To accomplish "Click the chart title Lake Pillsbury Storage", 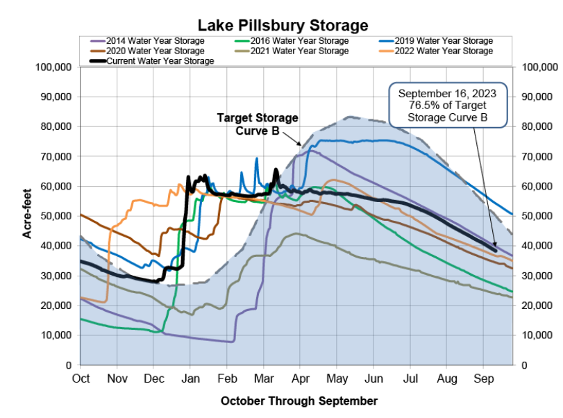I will pyautogui.click(x=283, y=26).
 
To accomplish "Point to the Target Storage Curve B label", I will pyautogui.click(x=258, y=124).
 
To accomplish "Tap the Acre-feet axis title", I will pyautogui.click(x=28, y=216).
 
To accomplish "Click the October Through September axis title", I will pyautogui.click(x=299, y=401).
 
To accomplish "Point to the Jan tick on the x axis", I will pyautogui.click(x=190, y=379).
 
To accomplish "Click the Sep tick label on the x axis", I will pyautogui.click(x=483, y=379).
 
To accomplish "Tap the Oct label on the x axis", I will pyautogui.click(x=81, y=379).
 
